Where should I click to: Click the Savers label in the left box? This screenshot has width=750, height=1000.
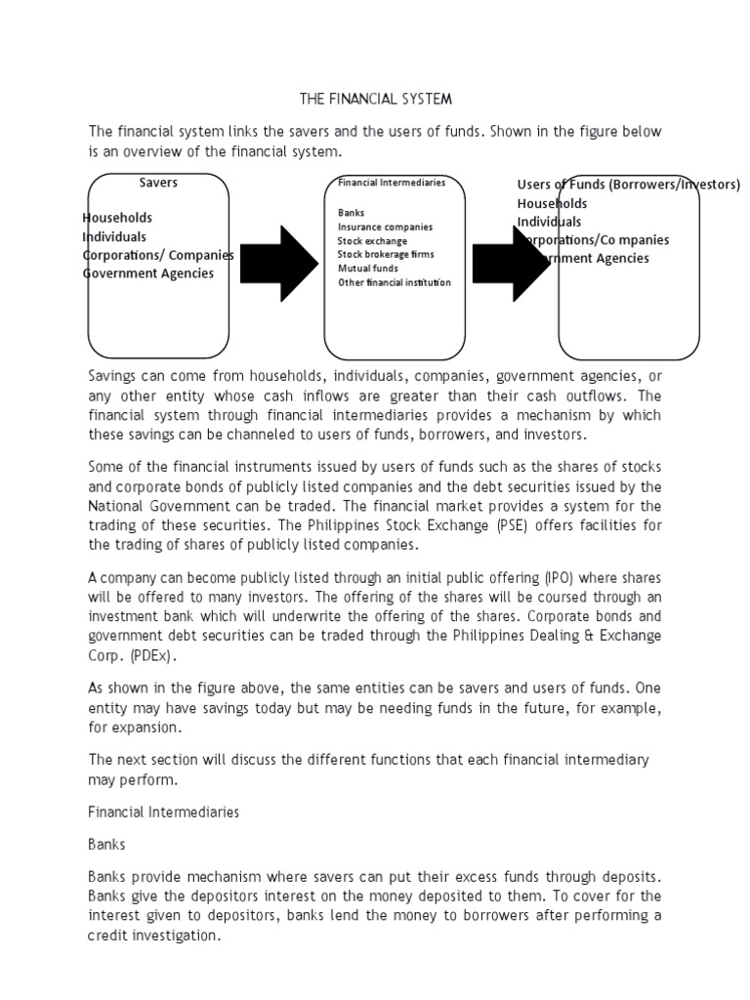158,182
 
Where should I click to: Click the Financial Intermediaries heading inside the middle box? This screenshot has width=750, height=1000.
392,183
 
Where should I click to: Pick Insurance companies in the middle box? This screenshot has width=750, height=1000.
385,227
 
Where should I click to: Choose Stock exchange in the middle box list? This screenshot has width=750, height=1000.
372,240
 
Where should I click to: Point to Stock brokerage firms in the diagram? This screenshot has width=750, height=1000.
386,254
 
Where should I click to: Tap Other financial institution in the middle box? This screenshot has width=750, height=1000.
395,282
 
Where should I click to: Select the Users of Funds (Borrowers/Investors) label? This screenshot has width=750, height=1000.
628,185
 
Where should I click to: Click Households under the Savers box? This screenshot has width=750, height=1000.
118,218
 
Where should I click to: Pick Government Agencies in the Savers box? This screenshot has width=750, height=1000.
148,273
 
